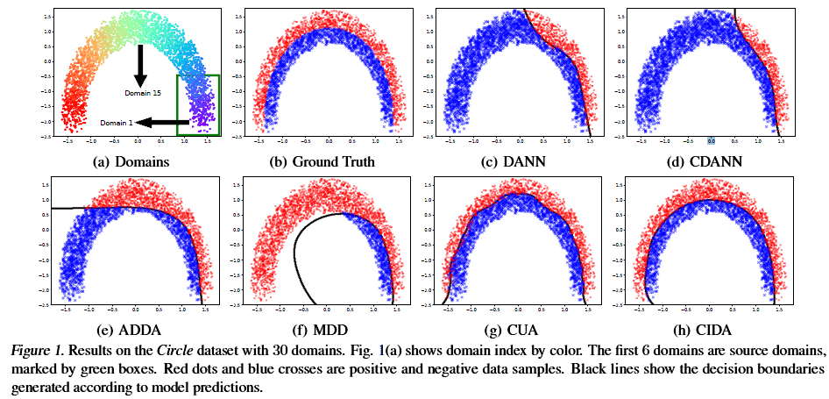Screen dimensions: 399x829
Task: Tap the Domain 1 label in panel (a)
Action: tap(117, 124)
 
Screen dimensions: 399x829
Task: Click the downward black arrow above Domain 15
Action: tap(139, 66)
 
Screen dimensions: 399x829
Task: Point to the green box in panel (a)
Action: tap(198, 105)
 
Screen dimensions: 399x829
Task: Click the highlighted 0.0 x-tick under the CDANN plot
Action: tap(712, 140)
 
